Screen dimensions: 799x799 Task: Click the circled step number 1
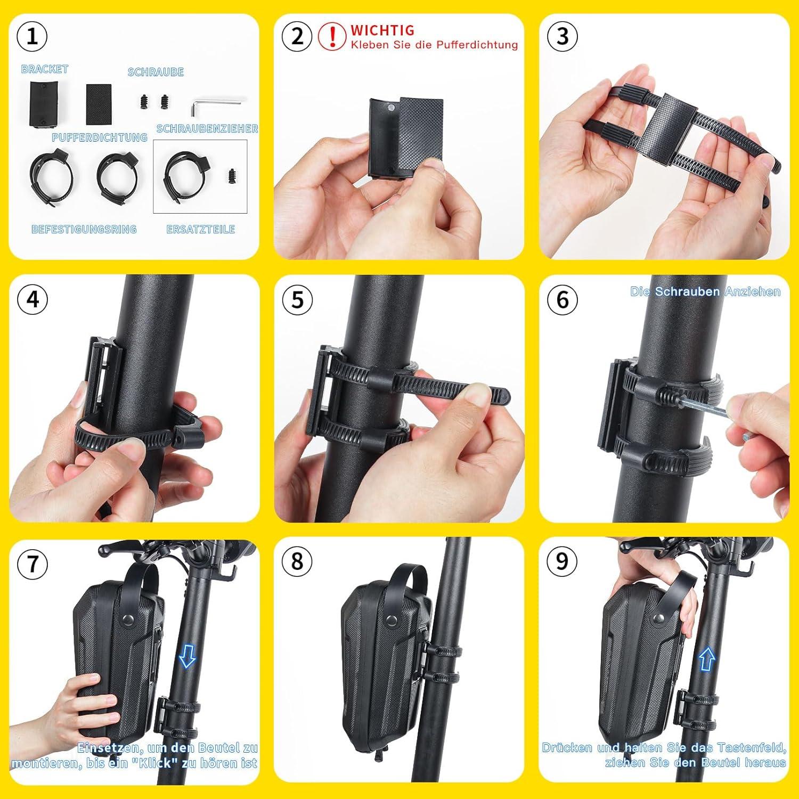(x=32, y=36)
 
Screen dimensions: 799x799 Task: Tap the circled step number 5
(x=297, y=299)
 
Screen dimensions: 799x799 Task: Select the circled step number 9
(x=562, y=562)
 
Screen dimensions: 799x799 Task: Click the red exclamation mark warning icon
(x=332, y=36)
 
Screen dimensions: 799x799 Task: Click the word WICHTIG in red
(x=382, y=30)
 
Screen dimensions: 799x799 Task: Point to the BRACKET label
(x=45, y=69)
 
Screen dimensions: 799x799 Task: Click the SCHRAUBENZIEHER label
(x=207, y=129)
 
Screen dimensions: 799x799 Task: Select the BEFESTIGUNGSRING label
(x=84, y=230)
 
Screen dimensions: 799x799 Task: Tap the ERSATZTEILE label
(x=201, y=230)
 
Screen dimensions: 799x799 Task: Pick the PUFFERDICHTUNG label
(x=100, y=137)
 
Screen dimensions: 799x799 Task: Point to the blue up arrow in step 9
(x=706, y=659)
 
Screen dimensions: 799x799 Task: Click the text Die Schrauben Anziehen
(x=705, y=291)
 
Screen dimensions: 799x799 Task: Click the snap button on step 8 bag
(x=393, y=621)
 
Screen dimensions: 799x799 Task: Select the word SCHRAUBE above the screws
(x=156, y=72)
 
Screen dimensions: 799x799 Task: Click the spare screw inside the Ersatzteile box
(x=231, y=176)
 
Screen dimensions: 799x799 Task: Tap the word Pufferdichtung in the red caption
(x=477, y=45)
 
